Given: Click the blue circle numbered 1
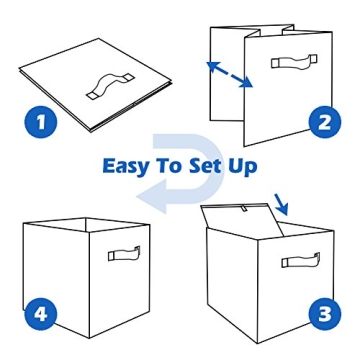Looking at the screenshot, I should pos(40,123).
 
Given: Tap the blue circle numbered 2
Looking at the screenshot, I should pos(322,123).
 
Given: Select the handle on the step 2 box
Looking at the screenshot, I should pos(294,62).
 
